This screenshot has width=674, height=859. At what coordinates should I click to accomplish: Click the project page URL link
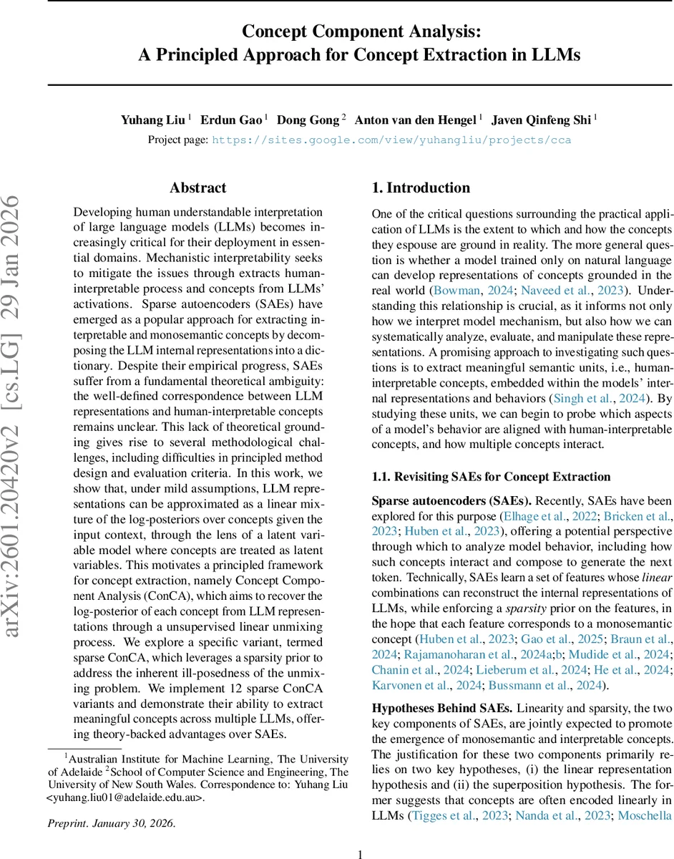click(391, 140)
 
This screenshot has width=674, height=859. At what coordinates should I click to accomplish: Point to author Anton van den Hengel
click(414, 120)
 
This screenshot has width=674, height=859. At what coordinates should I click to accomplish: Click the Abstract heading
click(198, 188)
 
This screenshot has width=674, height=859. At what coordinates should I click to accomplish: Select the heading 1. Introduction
click(421, 188)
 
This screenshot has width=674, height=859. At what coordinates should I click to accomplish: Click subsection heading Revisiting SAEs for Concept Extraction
click(492, 477)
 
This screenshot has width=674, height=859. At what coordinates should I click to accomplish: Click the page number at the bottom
click(361, 853)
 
